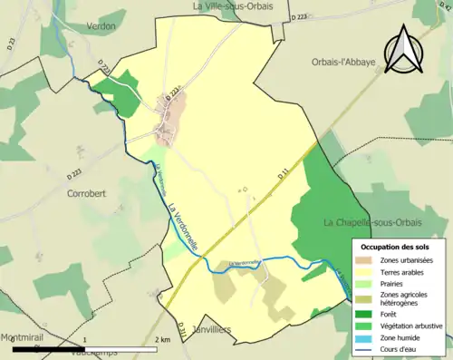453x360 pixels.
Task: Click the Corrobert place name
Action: pos(88,193)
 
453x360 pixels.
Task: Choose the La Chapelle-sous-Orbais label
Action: pos(372,222)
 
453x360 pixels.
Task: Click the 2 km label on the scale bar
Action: pos(162,339)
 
